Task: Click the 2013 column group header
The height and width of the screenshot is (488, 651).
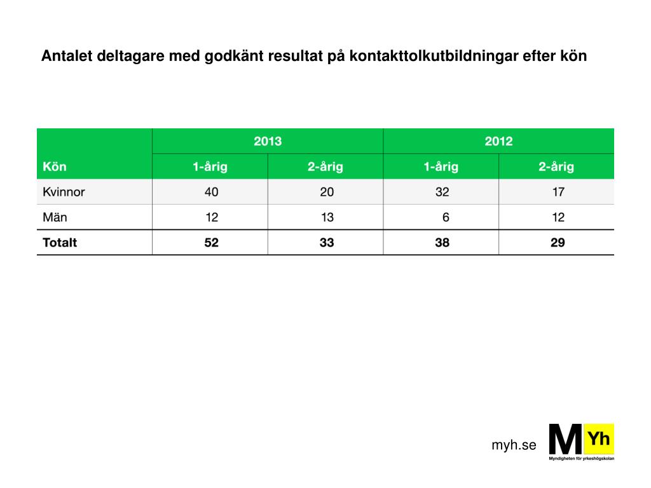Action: pos(268,141)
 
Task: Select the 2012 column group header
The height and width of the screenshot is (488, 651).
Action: pos(498,141)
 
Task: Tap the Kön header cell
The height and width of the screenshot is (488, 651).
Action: pos(55,167)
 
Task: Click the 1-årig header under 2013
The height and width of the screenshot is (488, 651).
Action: pos(210,167)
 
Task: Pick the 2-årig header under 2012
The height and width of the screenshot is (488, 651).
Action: pos(556,167)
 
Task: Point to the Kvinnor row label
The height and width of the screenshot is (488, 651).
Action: pos(64,192)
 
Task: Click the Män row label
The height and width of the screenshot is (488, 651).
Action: pos(55,217)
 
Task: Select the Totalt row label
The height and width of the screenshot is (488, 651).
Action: pos(60,242)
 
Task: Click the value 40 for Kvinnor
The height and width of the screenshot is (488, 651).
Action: pos(211,192)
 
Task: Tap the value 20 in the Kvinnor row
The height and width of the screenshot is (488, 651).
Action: pos(327,192)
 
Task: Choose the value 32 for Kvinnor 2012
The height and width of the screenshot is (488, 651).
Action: pos(442,192)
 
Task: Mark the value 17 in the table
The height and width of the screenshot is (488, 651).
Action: pos(558,192)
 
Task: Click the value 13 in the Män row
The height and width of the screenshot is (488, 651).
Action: pos(327,217)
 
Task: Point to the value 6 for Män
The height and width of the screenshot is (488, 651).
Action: pos(446,217)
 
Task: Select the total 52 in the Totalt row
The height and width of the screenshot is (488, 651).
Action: pos(211,242)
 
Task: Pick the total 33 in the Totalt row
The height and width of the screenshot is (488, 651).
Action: pos(327,242)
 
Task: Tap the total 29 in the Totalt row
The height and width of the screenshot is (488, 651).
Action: pos(558,242)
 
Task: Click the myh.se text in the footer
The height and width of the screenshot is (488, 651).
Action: pos(514,445)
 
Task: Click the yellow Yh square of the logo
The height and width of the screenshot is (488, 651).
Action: pos(599,439)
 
